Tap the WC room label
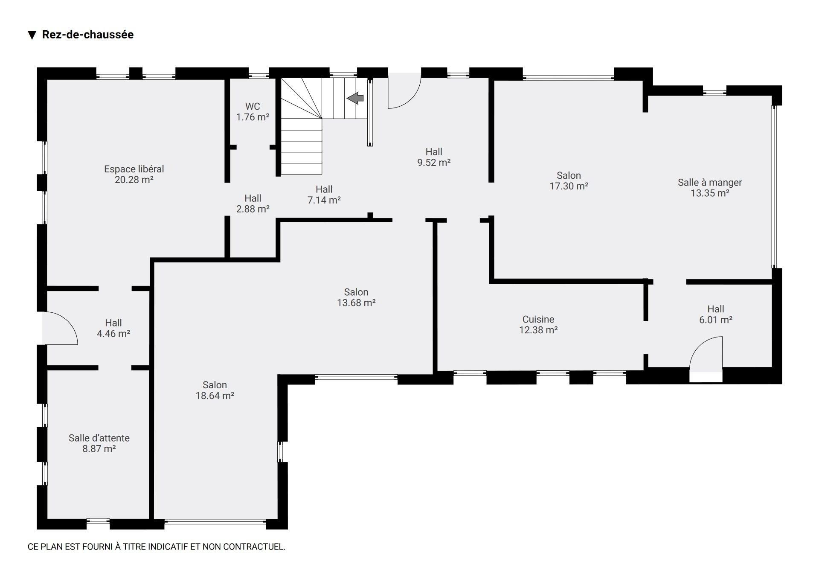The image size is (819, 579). pos(253,106)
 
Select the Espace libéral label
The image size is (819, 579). pos(134,169)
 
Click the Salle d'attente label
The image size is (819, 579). pos(99,438)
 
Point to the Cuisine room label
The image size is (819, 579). pos(538,319)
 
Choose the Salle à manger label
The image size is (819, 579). pos(710,183)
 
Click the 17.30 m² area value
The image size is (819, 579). pos(569,186)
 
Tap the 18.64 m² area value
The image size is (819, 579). pos(215,396)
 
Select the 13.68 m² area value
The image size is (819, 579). pos(356,303)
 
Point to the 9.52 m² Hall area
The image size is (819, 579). pos(434,162)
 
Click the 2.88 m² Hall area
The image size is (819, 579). pos(253,209)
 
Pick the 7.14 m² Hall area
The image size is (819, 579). pos(324,200)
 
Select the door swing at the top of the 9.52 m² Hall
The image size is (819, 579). pos(411,99)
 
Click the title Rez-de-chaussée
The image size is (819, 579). pos(88,35)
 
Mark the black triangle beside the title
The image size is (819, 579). pos(32,35)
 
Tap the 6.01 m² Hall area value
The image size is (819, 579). pos(716,320)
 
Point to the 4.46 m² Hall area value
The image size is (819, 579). pos(113,334)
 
